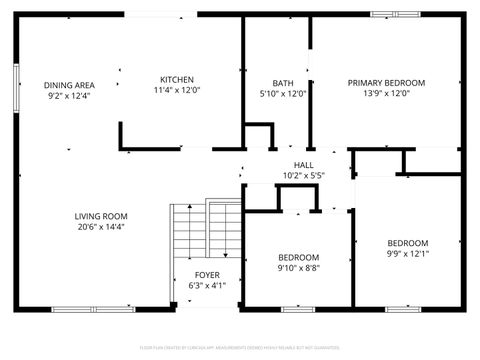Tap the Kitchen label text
coord(177,80)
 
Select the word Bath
coord(282,83)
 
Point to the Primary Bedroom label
coord(386,83)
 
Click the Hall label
coord(303,165)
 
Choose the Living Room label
coord(101,215)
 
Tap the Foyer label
coord(208,274)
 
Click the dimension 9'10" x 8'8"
coord(299,267)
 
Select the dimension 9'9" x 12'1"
coord(407,254)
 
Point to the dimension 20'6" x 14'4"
coord(101,226)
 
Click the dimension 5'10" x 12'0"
coord(282,94)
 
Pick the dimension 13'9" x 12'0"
coord(386,94)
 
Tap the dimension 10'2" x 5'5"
coord(303,176)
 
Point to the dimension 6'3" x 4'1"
coord(208,285)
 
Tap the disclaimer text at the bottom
coord(240,346)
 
